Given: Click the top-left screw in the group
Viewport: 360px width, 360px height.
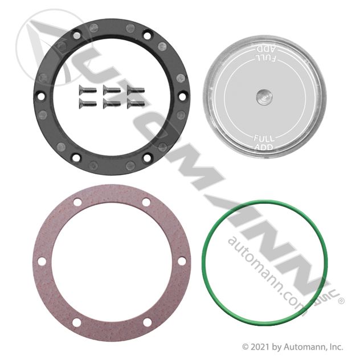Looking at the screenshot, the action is (87, 89).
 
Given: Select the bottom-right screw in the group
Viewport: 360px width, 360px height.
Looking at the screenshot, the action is (136, 103).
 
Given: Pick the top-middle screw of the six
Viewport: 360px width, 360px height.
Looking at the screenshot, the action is (112, 89).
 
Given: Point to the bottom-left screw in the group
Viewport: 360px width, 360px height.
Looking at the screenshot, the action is (87, 103).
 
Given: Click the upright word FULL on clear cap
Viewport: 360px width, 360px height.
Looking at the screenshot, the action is (264, 138).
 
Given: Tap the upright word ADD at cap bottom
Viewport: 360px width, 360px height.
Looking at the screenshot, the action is (264, 147).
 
